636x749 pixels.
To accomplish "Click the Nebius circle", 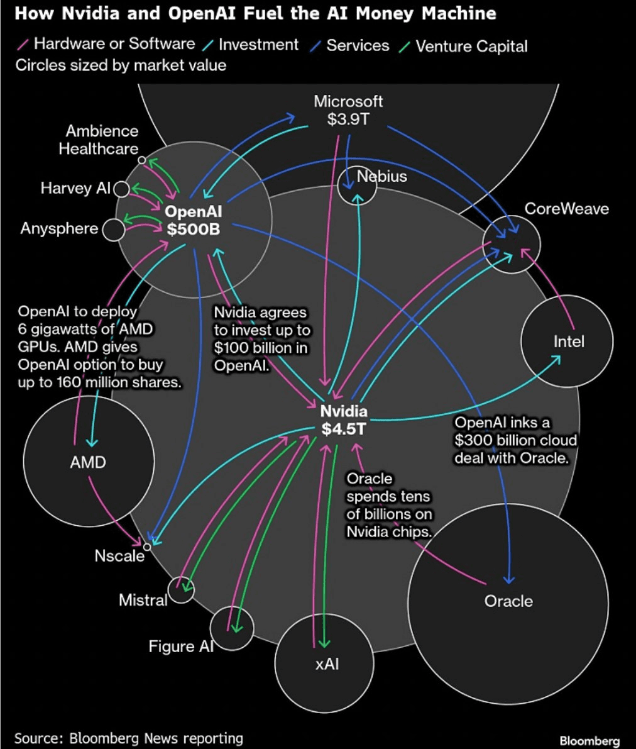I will [x=357, y=186].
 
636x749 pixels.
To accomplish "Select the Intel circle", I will [x=567, y=341].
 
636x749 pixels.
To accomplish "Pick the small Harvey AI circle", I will [x=122, y=188].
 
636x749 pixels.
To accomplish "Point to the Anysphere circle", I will [x=114, y=229].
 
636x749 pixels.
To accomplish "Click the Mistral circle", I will [x=181, y=590].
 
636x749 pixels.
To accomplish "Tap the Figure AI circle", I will [x=231, y=628].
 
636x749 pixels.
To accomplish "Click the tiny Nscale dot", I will [x=146, y=546].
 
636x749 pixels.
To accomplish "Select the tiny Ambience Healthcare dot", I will [x=142, y=160].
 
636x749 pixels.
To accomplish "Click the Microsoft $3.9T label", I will [x=348, y=110].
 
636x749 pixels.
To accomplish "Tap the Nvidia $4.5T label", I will [x=343, y=420].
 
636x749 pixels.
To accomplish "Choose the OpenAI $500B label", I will [x=193, y=220].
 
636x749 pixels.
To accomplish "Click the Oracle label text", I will [x=508, y=601].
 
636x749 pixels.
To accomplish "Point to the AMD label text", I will [x=88, y=462].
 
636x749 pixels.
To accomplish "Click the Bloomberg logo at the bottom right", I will [x=589, y=741].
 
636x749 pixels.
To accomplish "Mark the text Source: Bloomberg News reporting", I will [x=128, y=738].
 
